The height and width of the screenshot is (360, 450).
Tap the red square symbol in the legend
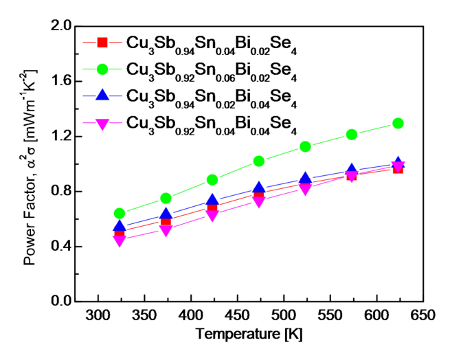pyautogui.click(x=102, y=43)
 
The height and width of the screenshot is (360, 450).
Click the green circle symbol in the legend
pyautogui.click(x=102, y=69)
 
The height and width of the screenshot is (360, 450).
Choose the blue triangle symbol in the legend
pyautogui.click(x=102, y=96)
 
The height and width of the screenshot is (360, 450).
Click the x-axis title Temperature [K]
pyautogui.click(x=248, y=335)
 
